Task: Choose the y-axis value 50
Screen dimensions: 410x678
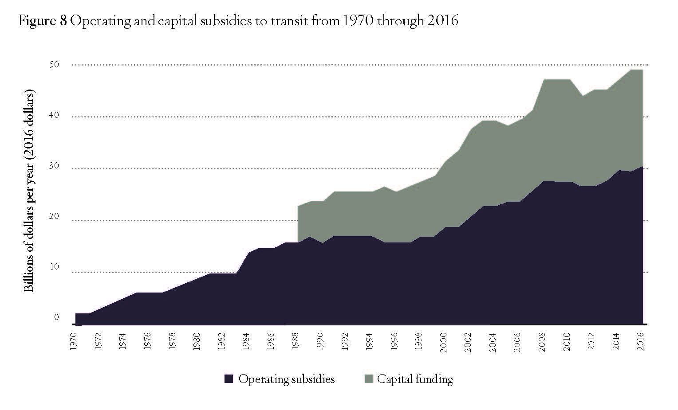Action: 54,65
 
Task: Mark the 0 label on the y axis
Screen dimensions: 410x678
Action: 56,317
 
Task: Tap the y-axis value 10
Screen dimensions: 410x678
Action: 54,267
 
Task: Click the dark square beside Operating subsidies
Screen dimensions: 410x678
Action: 229,379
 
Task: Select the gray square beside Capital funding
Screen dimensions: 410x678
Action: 368,379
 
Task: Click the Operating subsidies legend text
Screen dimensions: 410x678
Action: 286,379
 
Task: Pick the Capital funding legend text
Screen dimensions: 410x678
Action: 415,379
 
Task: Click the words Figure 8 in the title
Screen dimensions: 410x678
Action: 42,21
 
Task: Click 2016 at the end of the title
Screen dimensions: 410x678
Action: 443,21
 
